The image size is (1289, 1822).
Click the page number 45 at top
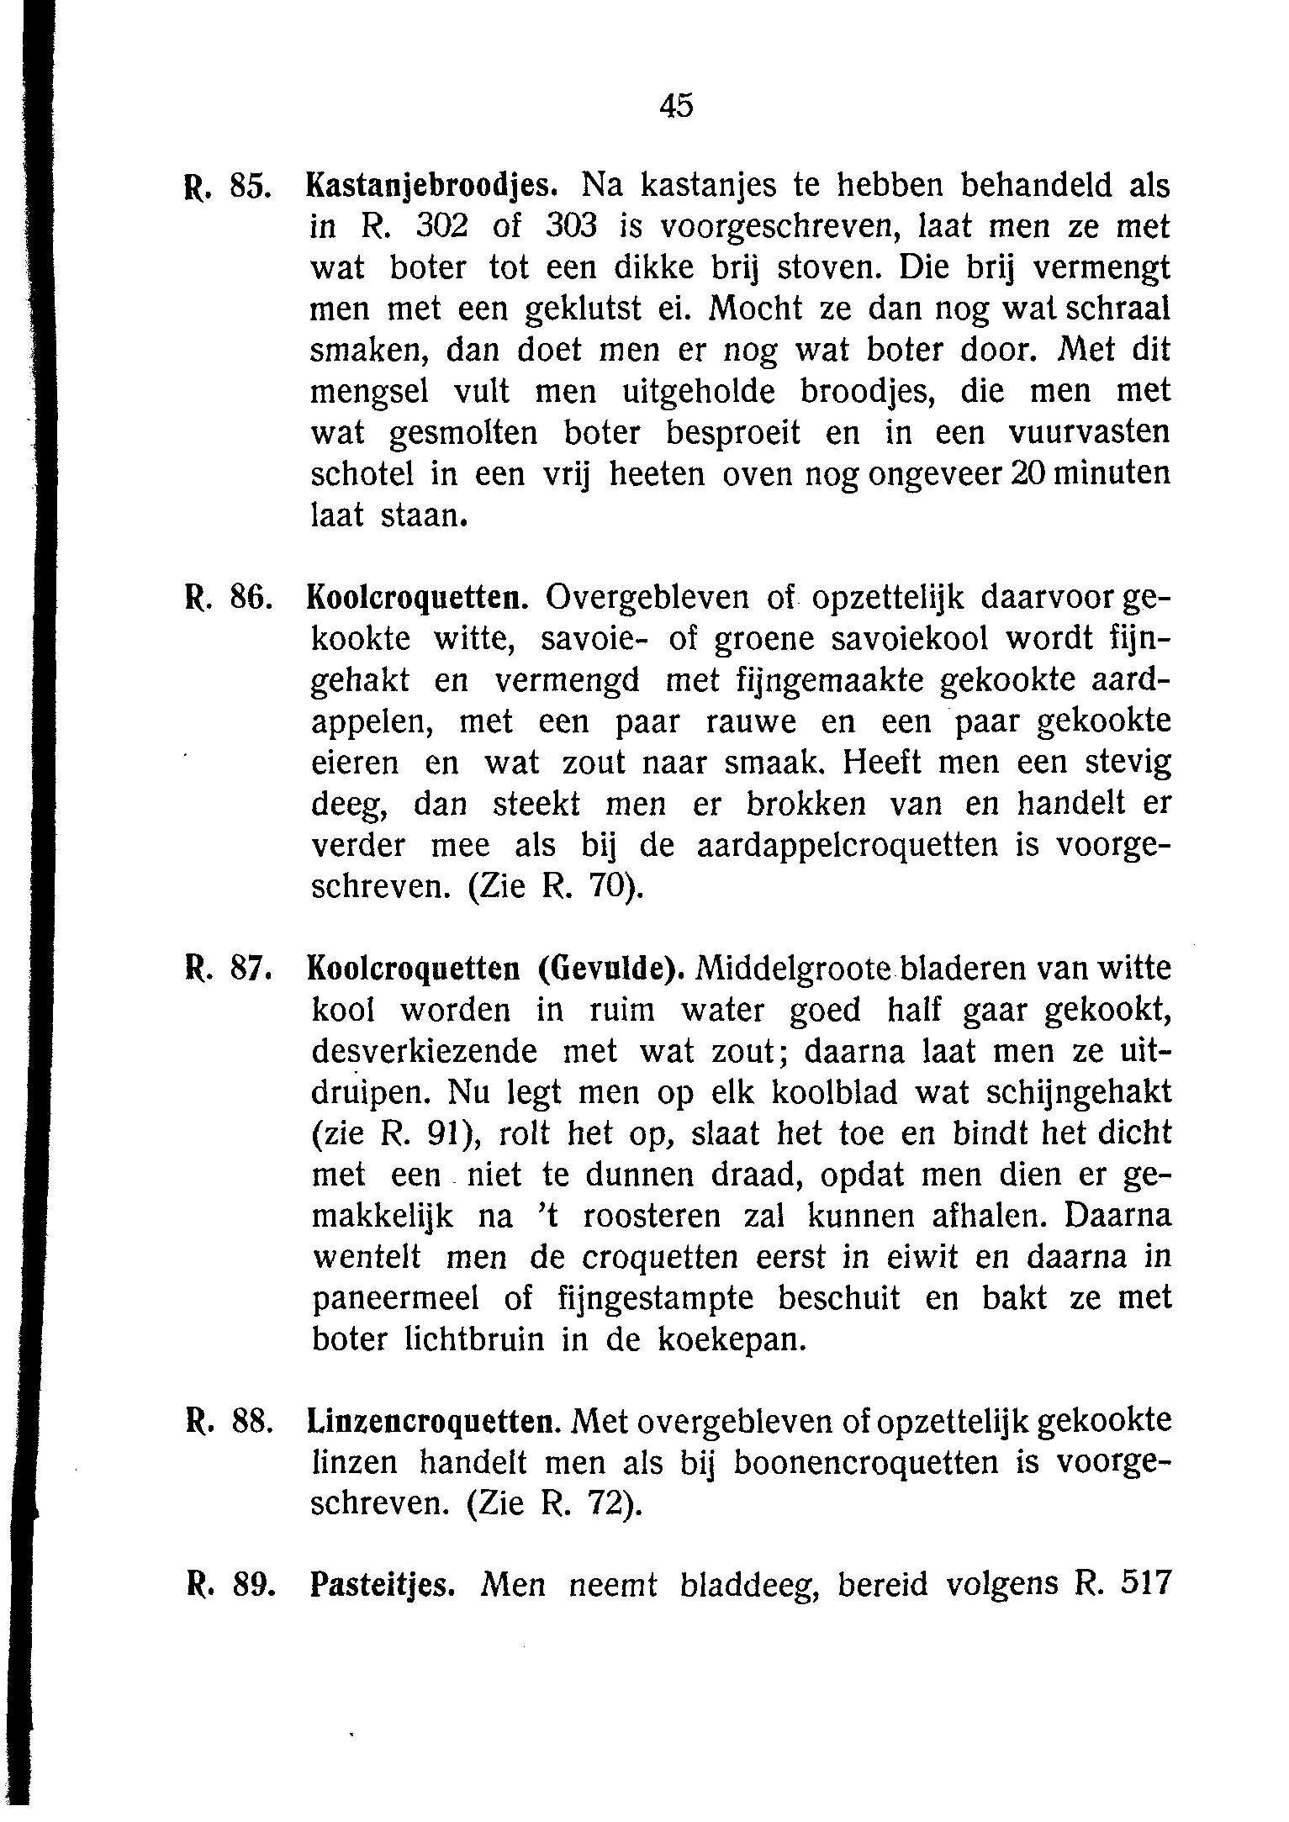point(676,106)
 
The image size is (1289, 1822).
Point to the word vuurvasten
point(1089,434)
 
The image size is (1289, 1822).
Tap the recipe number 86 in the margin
point(251,599)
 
